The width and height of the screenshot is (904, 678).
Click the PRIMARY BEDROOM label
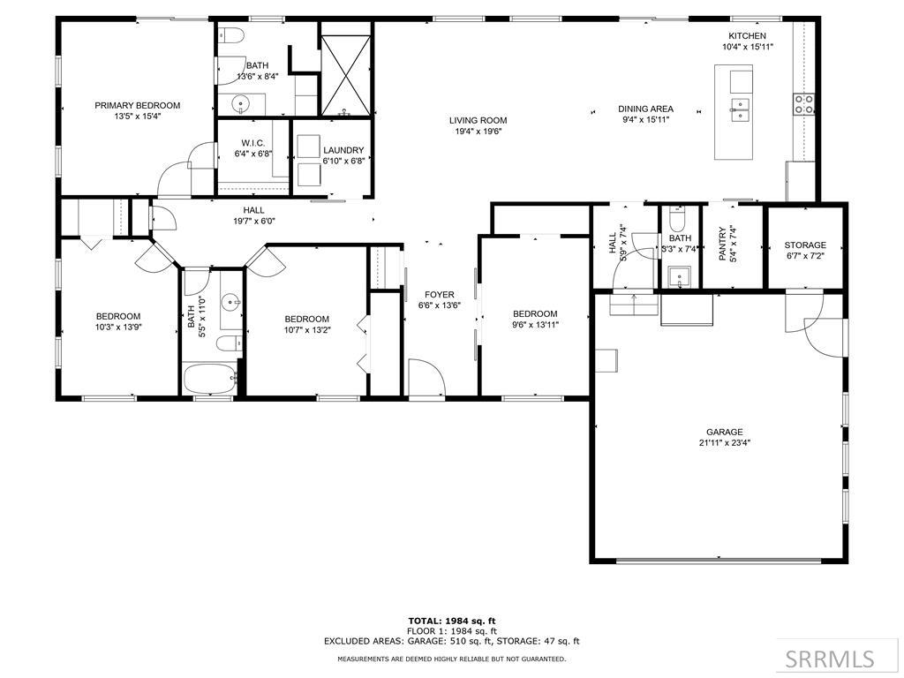click(x=138, y=105)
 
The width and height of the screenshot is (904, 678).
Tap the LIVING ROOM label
click(x=478, y=121)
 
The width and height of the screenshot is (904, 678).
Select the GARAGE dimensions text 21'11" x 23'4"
click(x=724, y=443)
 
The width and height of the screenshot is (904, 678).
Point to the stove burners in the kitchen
click(x=804, y=104)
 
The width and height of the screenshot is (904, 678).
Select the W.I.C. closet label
click(x=253, y=143)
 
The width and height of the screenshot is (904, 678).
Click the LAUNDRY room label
click(x=343, y=151)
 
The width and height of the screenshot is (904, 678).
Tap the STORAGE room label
click(x=805, y=245)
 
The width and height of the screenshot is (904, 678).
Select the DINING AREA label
click(x=645, y=109)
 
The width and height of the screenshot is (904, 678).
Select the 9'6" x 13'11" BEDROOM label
click(x=535, y=313)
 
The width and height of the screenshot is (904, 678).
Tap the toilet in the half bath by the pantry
click(x=678, y=218)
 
